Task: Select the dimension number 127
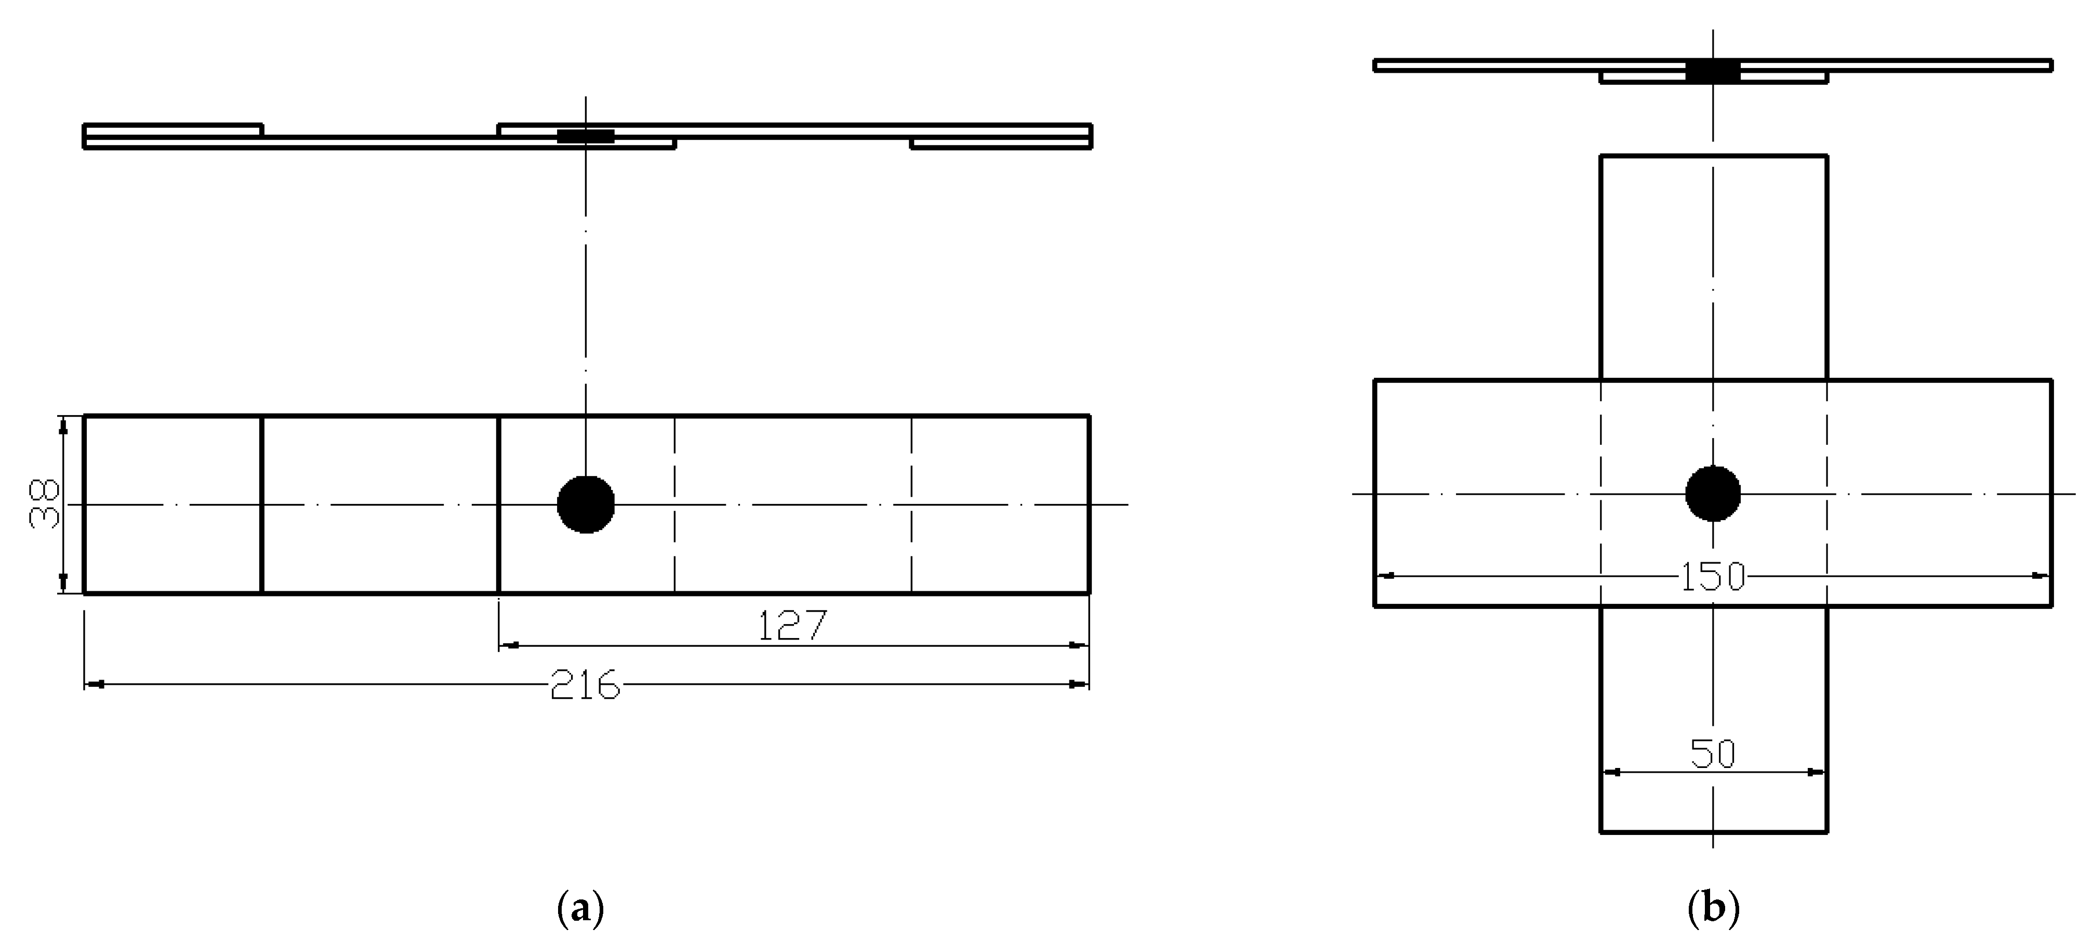[x=792, y=625]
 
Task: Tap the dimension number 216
[x=585, y=686]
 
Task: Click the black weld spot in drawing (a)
[x=586, y=504]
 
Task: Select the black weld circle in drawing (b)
[x=1713, y=493]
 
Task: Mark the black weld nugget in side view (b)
[x=1713, y=72]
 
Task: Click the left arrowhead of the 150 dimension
[x=1386, y=576]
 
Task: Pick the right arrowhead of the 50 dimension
[x=1817, y=772]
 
